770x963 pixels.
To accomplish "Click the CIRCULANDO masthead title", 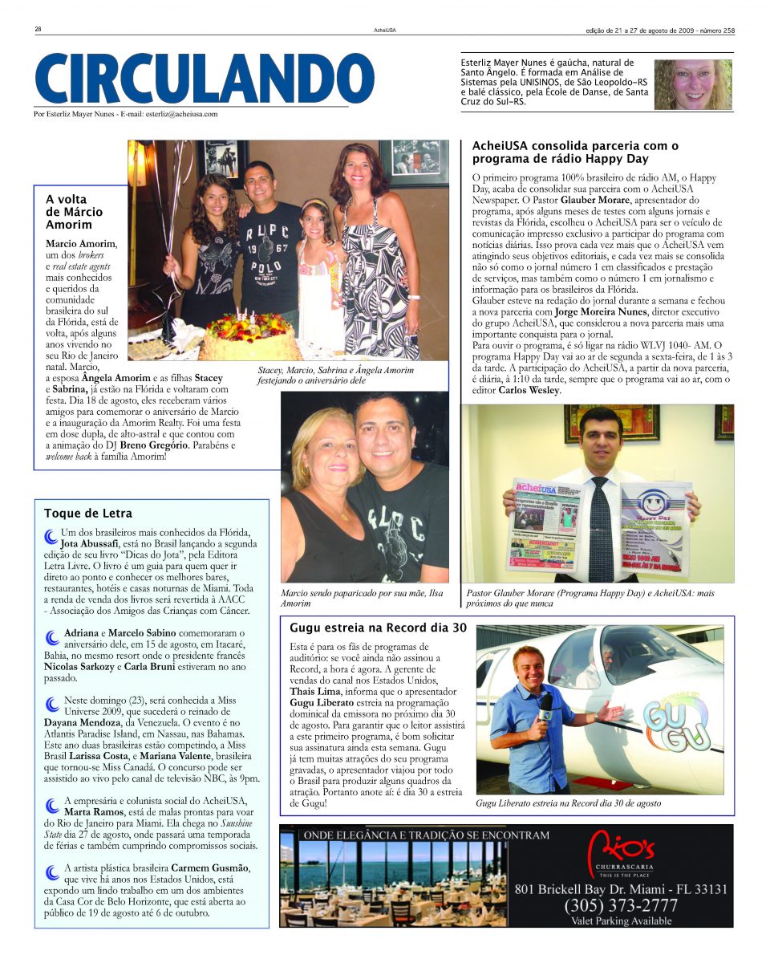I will pos(205,78).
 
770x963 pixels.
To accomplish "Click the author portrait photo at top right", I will pos(692,84).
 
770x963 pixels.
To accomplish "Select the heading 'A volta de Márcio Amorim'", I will pos(75,212).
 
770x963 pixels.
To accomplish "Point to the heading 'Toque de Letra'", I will pos(88,513).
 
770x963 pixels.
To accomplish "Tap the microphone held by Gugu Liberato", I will pos(545,705).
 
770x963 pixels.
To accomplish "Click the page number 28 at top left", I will pos(38,30).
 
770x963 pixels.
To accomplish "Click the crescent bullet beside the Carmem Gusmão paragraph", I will pos(52,871).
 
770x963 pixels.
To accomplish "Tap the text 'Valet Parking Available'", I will pos(622,921).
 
